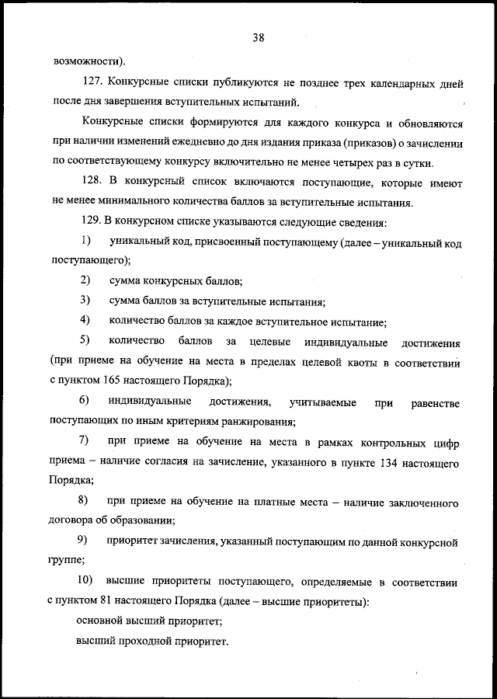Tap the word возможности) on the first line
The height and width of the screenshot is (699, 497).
(89, 61)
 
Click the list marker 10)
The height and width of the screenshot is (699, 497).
(87, 580)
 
